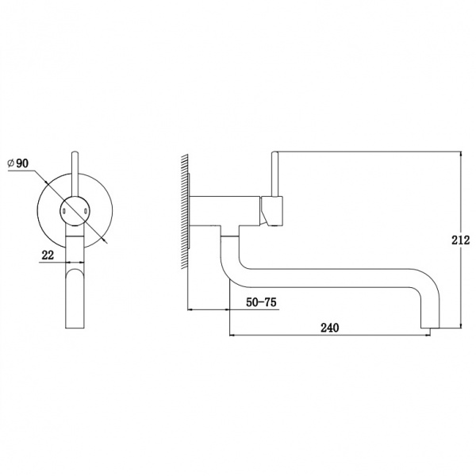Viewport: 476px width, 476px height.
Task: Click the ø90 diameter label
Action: point(18,163)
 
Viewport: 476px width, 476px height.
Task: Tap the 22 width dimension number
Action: point(48,255)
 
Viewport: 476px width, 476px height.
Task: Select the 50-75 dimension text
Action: point(261,302)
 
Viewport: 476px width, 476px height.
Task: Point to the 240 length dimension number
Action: point(330,328)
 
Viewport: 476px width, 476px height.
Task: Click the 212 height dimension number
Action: point(460,240)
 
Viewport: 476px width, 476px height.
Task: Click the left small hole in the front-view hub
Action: point(64,211)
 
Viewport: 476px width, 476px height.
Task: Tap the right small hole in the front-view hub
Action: point(86,211)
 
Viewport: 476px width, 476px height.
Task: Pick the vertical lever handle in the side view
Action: point(274,174)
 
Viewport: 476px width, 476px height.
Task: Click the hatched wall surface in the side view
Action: point(185,212)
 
